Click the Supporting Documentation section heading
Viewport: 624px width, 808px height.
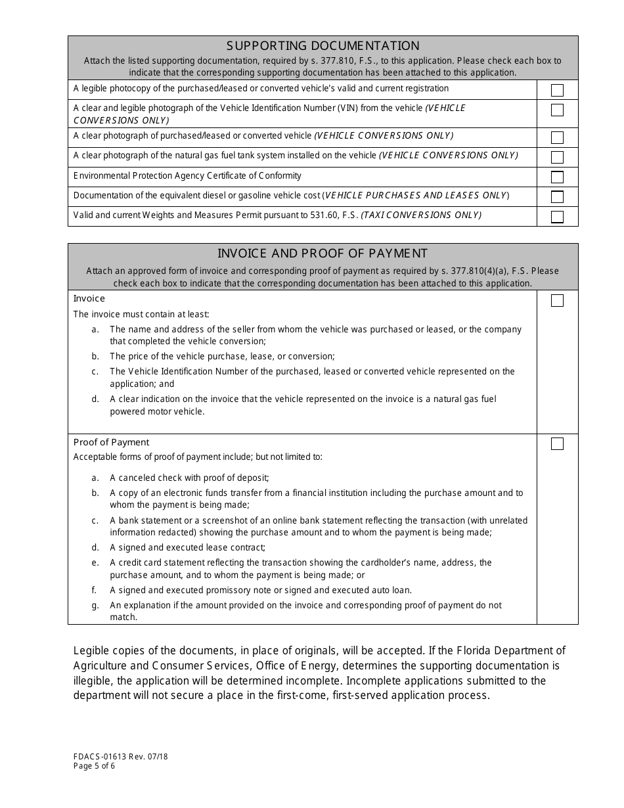point(323,46)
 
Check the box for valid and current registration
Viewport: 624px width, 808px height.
point(557,91)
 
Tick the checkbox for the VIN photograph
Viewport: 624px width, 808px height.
point(557,110)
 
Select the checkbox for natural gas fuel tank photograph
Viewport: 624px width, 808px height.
point(557,157)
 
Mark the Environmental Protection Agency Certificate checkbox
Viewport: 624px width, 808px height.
point(557,177)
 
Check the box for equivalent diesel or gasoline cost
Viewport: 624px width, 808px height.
point(557,196)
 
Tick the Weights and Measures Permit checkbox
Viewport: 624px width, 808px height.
point(557,217)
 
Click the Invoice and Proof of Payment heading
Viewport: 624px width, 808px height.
point(323,254)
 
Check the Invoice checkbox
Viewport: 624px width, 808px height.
point(557,301)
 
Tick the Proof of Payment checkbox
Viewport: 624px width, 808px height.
point(557,444)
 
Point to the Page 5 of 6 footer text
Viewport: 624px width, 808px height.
point(95,766)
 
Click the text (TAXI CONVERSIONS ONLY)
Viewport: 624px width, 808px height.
point(421,215)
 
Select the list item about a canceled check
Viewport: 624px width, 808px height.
point(189,478)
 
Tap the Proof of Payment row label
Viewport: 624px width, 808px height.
point(111,442)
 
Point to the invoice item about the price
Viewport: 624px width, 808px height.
point(221,356)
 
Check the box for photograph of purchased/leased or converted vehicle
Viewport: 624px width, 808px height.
point(557,137)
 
